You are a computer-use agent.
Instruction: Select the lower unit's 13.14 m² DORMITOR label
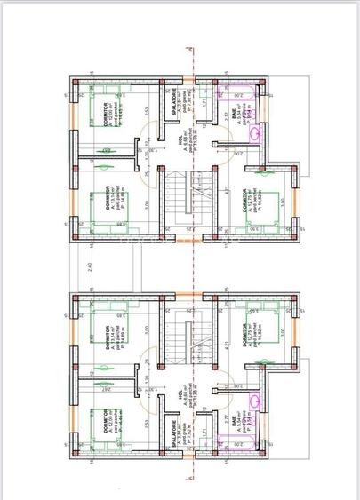pyautogui.click(x=107, y=348)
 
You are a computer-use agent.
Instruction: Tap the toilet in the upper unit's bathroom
pyautogui.click(x=256, y=133)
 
